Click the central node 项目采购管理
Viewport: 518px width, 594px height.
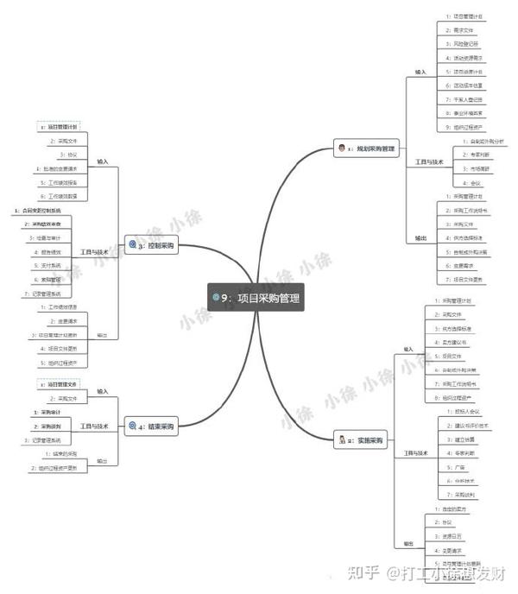[x=259, y=298]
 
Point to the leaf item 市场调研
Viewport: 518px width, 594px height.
[x=474, y=168]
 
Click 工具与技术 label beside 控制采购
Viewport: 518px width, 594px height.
[x=96, y=251]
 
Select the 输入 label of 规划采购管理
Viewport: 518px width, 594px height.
[x=420, y=72]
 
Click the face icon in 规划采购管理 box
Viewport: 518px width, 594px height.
[x=343, y=148]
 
